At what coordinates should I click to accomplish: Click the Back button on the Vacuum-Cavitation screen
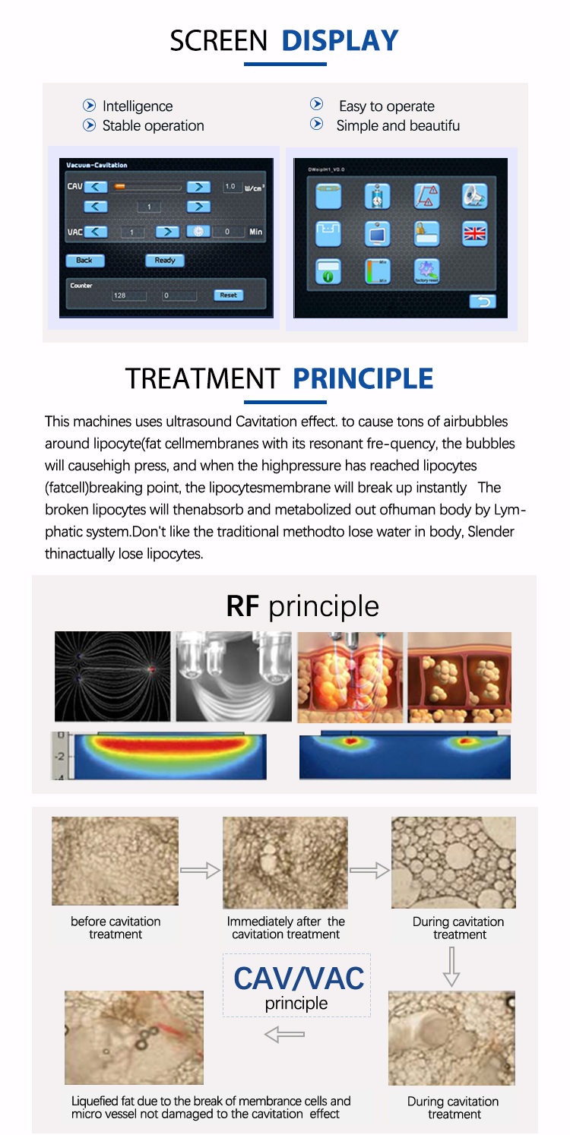pyautogui.click(x=84, y=261)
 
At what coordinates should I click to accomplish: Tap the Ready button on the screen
pyautogui.click(x=165, y=261)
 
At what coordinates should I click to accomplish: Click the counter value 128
pyautogui.click(x=120, y=296)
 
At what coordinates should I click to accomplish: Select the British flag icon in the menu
pyautogui.click(x=476, y=234)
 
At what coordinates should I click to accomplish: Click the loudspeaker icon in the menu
pyautogui.click(x=475, y=195)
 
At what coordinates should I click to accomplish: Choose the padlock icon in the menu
pyautogui.click(x=426, y=234)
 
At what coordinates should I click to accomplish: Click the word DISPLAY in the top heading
pyautogui.click(x=340, y=41)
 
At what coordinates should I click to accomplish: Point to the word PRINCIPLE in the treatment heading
pyautogui.click(x=363, y=378)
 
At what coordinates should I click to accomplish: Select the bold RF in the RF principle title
pyautogui.click(x=243, y=606)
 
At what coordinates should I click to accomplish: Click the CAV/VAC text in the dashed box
pyautogui.click(x=298, y=979)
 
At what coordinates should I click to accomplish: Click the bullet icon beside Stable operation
pyautogui.click(x=90, y=126)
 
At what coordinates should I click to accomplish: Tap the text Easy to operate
pyautogui.click(x=387, y=106)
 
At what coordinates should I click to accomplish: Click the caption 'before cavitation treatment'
pyautogui.click(x=116, y=928)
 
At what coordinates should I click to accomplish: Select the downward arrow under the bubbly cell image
pyautogui.click(x=451, y=966)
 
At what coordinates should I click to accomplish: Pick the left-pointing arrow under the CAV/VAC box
pyautogui.click(x=284, y=1034)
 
